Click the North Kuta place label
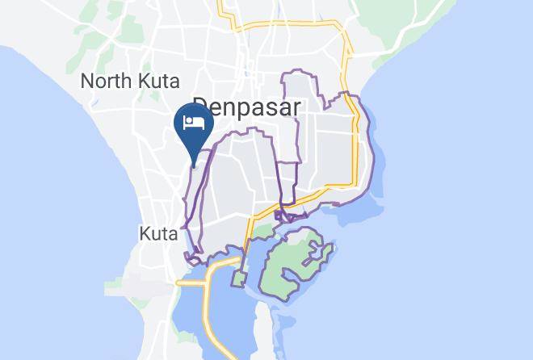pyautogui.click(x=130, y=82)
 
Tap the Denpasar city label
pyautogui.click(x=246, y=108)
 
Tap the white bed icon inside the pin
pyautogui.click(x=194, y=123)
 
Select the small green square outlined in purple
pyautogui.click(x=239, y=278)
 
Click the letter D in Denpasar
pyautogui.click(x=199, y=108)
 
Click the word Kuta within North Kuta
pyautogui.click(x=159, y=82)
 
